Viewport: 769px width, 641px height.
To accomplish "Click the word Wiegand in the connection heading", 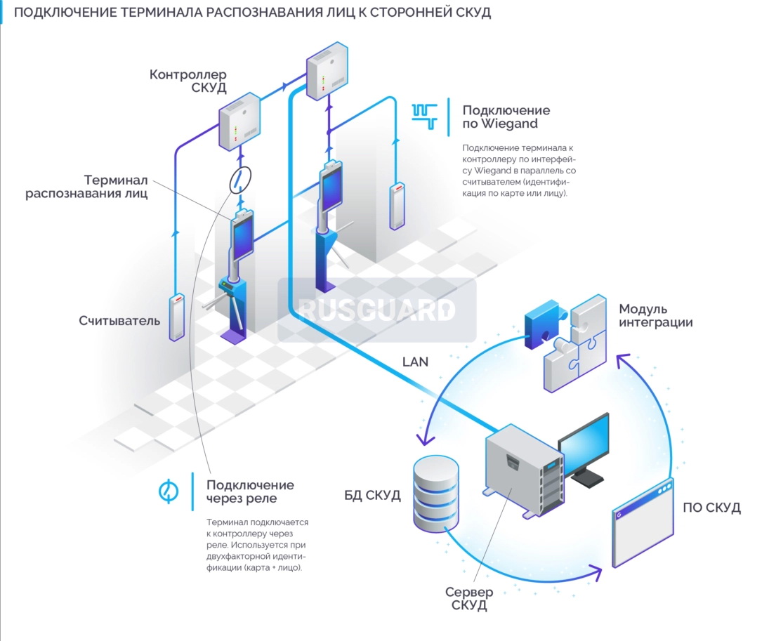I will [x=509, y=124].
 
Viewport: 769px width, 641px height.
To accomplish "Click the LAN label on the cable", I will [x=415, y=362].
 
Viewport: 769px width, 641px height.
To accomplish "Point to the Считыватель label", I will [x=119, y=321].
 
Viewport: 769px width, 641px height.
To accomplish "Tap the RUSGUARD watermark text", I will [x=376, y=310].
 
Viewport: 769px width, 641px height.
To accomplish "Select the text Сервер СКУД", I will [x=469, y=598].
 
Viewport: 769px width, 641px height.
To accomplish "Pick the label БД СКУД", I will [x=372, y=496].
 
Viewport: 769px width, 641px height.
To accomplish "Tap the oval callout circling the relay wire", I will [x=239, y=179].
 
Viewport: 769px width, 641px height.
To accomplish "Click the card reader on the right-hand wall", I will [x=398, y=206].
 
